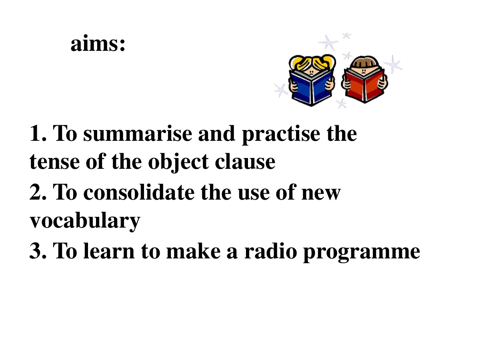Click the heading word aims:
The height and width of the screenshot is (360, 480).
(98, 43)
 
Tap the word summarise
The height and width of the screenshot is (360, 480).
(138, 133)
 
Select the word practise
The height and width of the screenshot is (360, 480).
(281, 135)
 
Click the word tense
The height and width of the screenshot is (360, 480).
(54, 162)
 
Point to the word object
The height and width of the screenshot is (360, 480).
(178, 163)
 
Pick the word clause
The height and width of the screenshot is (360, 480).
(245, 162)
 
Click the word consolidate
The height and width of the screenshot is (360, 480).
(139, 192)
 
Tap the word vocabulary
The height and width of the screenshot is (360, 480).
(85, 221)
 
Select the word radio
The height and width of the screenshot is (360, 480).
(270, 251)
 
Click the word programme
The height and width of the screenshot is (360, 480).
(362, 253)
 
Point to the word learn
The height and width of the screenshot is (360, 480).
(109, 251)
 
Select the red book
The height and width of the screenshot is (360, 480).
(364, 86)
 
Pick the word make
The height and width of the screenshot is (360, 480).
(193, 251)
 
